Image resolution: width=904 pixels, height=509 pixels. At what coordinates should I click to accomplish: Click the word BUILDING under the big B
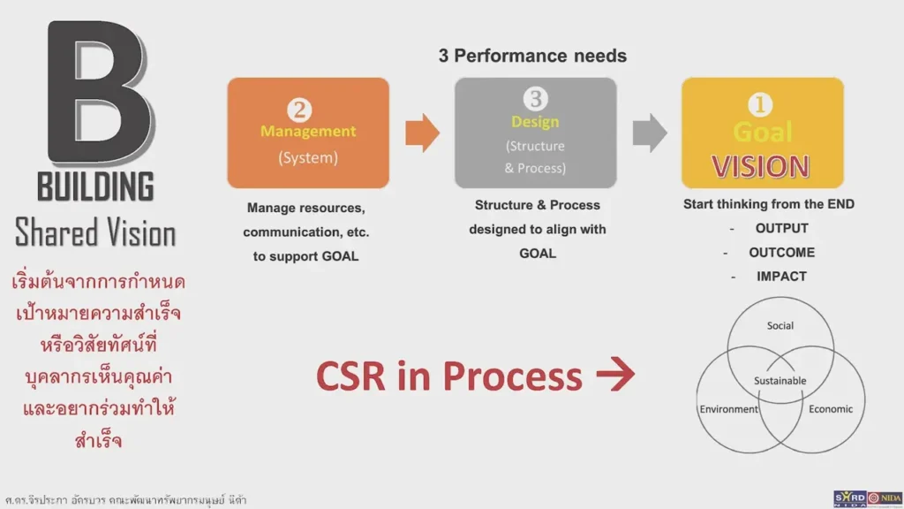tap(95, 188)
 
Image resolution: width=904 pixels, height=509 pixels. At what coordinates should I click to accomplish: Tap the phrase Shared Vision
tap(95, 233)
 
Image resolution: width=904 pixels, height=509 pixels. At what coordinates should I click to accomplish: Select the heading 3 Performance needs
tap(532, 56)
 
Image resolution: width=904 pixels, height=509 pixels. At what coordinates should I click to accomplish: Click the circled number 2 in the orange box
tap(300, 109)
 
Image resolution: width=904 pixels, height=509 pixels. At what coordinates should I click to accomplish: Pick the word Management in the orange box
tap(308, 132)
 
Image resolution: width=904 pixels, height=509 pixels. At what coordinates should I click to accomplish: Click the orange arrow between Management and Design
tap(422, 133)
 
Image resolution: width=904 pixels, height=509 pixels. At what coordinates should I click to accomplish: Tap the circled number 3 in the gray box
tap(535, 99)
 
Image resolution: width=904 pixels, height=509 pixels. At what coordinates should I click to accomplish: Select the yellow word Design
tap(535, 122)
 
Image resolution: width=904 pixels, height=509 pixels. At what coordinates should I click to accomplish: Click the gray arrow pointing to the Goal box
tap(650, 133)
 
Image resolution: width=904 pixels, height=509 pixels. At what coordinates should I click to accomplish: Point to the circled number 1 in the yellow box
tap(760, 105)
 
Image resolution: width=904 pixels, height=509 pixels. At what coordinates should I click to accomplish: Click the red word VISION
tap(761, 167)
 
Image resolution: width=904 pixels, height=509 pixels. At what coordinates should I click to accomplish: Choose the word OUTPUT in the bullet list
tap(781, 228)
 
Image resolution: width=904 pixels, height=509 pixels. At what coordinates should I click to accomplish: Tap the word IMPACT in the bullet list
tap(781, 276)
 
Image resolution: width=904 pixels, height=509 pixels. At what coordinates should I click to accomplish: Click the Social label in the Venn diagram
tap(780, 326)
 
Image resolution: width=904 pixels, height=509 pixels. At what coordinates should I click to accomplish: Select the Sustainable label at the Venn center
tap(780, 381)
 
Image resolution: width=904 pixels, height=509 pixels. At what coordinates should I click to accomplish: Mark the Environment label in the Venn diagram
tap(729, 409)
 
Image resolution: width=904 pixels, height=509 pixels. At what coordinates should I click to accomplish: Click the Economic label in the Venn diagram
tap(831, 409)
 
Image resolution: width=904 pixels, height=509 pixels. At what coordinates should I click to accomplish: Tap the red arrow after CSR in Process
tap(615, 376)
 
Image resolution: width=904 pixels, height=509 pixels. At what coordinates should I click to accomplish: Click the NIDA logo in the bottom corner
tap(884, 498)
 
